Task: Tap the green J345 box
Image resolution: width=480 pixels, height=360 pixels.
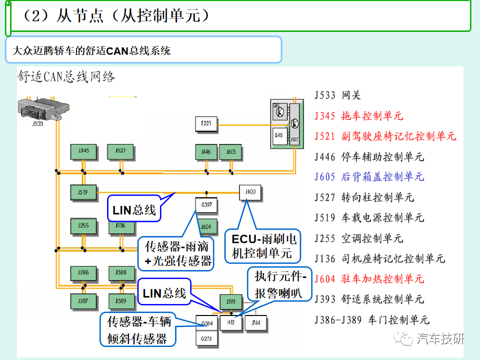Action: pyautogui.click(x=83, y=150)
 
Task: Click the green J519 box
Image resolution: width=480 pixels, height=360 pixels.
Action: pyautogui.click(x=83, y=191)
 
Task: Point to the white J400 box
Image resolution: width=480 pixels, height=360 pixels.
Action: pyautogui.click(x=250, y=192)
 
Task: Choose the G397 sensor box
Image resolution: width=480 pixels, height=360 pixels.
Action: pyautogui.click(x=205, y=204)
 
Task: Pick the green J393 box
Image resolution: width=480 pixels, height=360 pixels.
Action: pyautogui.click(x=230, y=301)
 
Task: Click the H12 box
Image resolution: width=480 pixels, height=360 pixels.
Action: pyautogui.click(x=231, y=322)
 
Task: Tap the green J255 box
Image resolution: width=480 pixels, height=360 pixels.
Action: pyautogui.click(x=83, y=226)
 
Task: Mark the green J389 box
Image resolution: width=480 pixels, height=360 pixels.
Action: pyautogui.click(x=120, y=301)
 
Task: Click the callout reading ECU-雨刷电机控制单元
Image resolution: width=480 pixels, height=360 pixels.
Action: pyautogui.click(x=263, y=246)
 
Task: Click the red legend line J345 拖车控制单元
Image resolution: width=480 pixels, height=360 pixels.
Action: pyautogui.click(x=358, y=116)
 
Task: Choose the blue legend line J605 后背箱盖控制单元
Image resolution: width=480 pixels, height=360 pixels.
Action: pyautogui.click(x=369, y=177)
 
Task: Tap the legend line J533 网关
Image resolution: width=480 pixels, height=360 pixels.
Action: pyautogui.click(x=337, y=95)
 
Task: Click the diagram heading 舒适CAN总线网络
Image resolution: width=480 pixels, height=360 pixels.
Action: pyautogui.click(x=66, y=76)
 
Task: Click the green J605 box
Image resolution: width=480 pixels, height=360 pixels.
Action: pyautogui.click(x=230, y=151)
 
